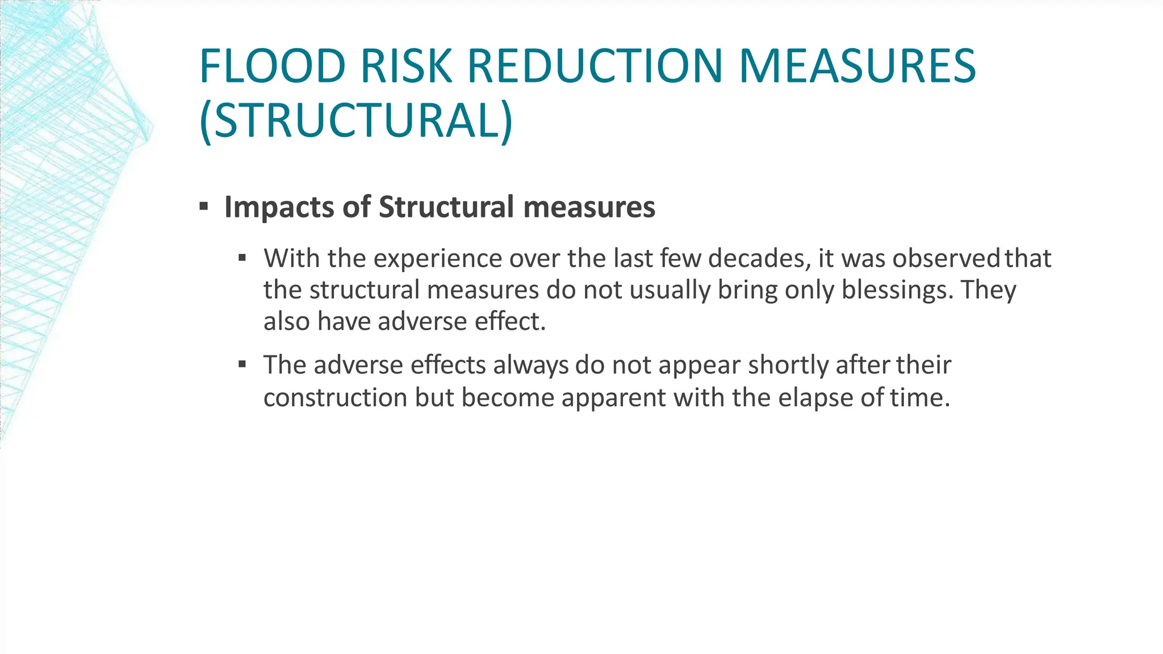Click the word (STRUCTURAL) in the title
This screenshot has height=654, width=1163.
click(x=356, y=121)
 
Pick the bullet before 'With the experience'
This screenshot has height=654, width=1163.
click(x=242, y=258)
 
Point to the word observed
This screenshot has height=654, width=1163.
click(x=946, y=259)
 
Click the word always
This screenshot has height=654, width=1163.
click(x=530, y=365)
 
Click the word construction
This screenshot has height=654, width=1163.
click(x=335, y=397)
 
